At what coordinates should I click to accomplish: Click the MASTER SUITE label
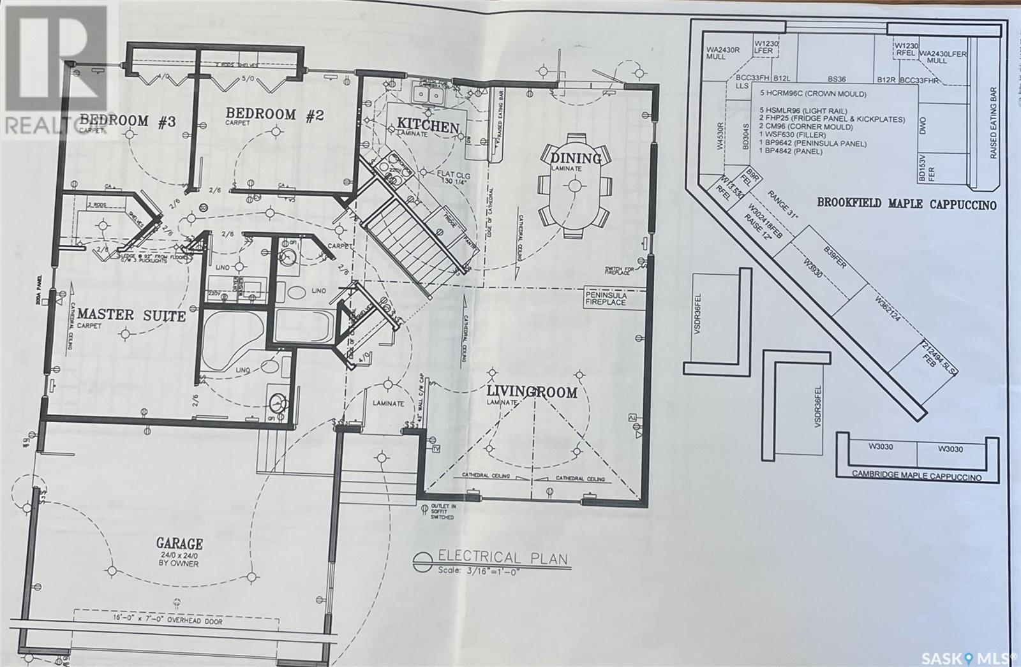[131, 315]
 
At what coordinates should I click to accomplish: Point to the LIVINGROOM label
[532, 392]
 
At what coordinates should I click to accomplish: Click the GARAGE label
[179, 544]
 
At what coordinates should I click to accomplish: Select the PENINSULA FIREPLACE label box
[606, 299]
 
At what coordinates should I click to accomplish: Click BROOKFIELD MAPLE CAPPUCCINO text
[906, 204]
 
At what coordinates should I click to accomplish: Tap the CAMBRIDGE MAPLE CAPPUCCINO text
[916, 476]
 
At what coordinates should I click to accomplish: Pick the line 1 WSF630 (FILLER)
[799, 135]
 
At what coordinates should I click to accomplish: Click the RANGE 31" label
[782, 205]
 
